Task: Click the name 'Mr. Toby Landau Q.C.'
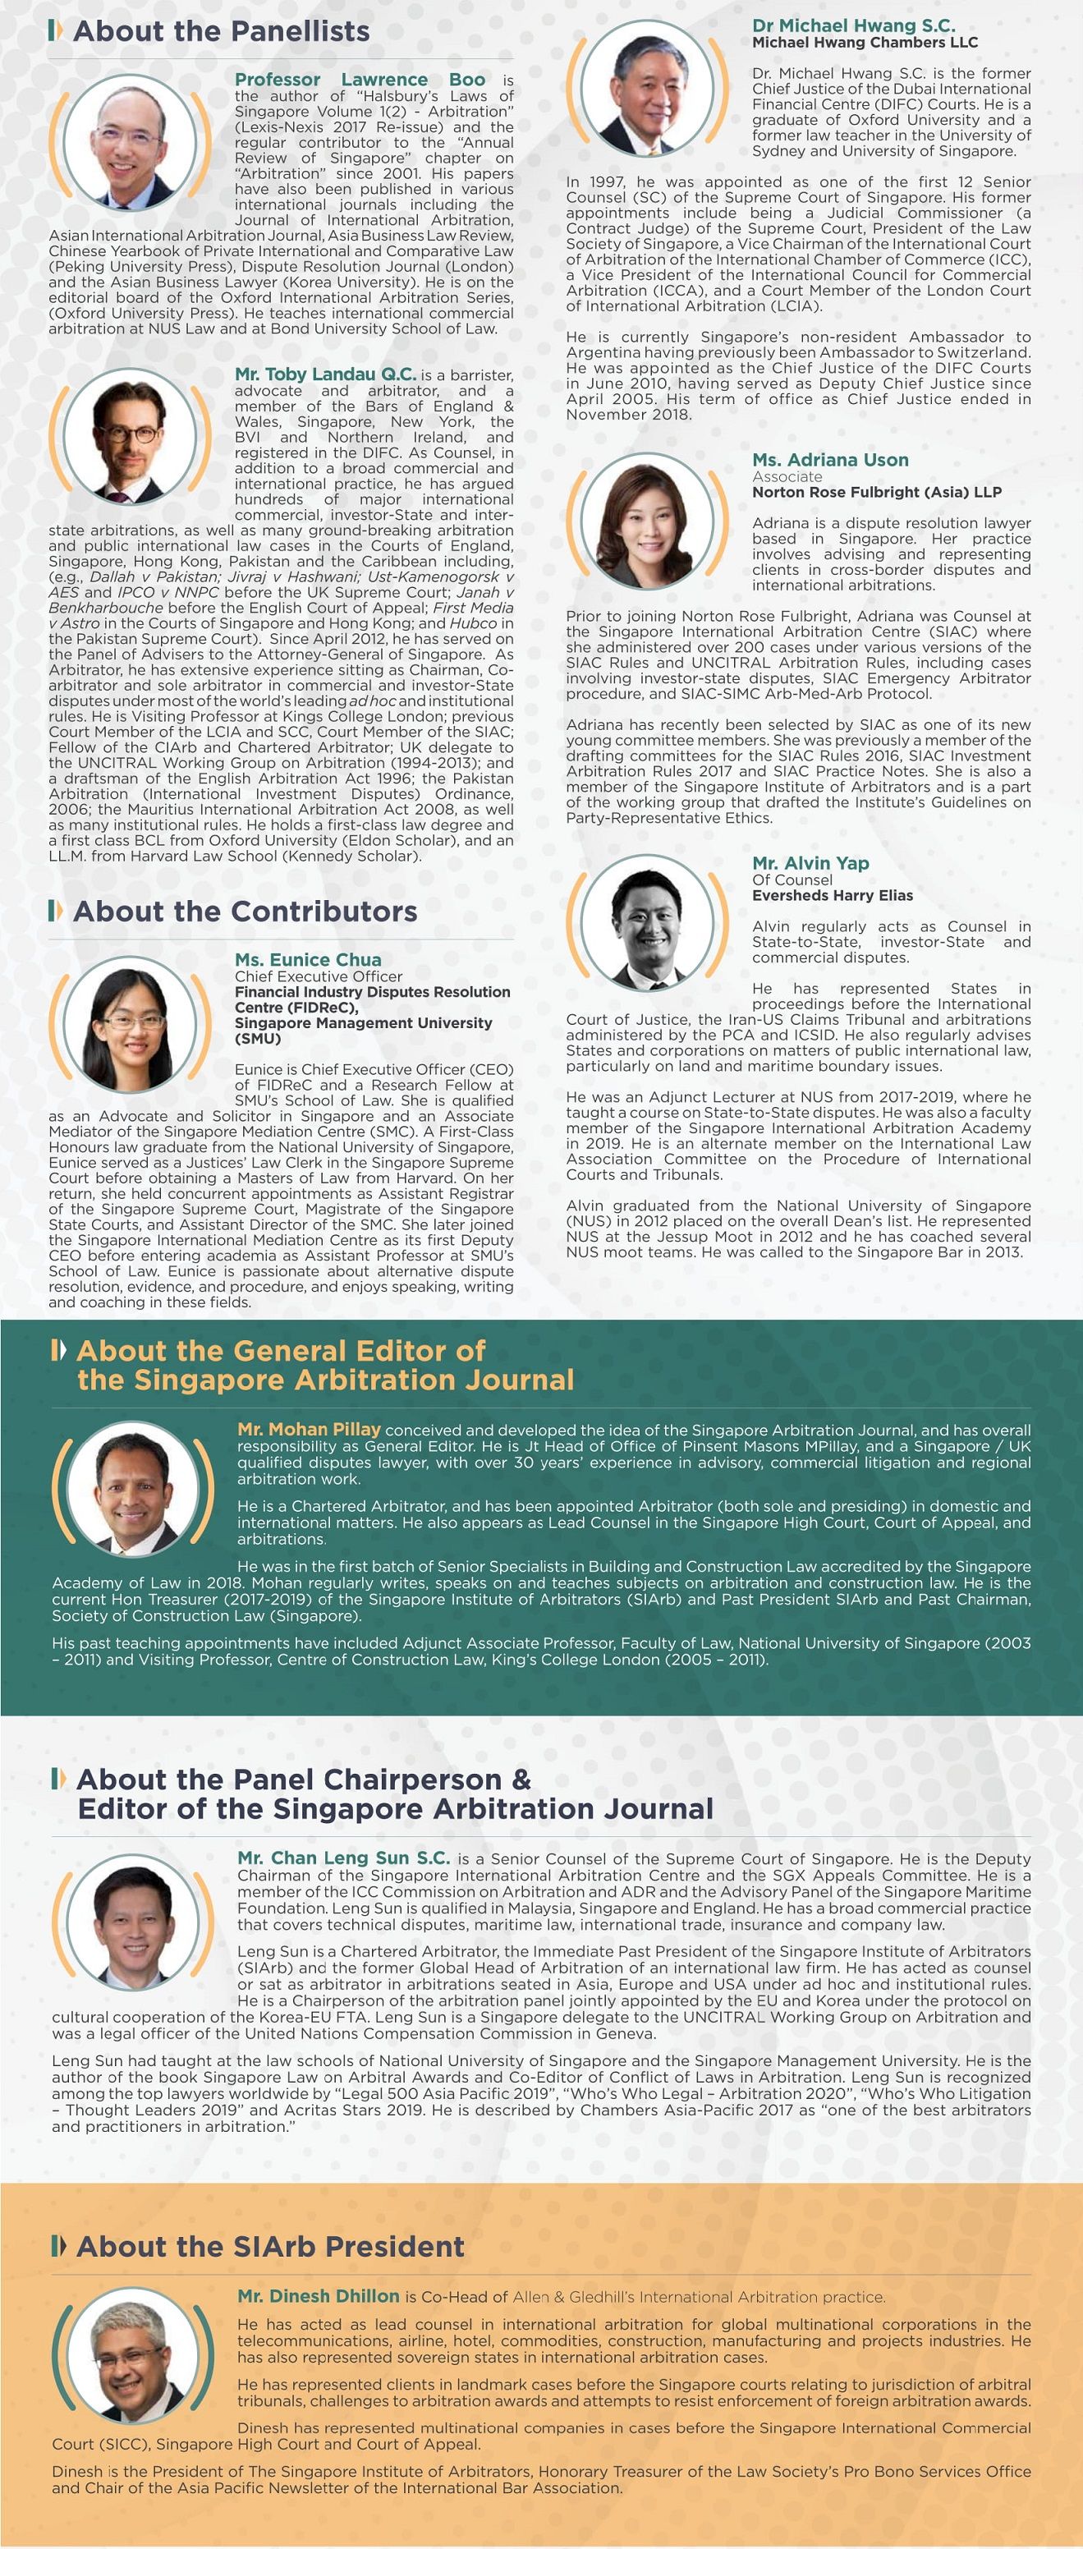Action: tap(325, 374)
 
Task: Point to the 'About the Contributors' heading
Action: tap(245, 911)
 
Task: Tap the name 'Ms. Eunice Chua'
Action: tap(308, 959)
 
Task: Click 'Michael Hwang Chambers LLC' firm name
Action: tap(865, 43)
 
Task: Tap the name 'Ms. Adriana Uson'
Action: tap(830, 459)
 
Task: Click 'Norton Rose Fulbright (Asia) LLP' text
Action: tap(876, 492)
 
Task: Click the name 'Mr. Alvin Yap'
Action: tap(810, 863)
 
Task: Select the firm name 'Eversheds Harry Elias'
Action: tap(832, 895)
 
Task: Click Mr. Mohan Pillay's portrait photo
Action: tap(135, 1491)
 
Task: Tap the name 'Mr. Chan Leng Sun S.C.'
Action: tap(343, 1858)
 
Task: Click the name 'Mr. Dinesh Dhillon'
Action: tap(319, 2296)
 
